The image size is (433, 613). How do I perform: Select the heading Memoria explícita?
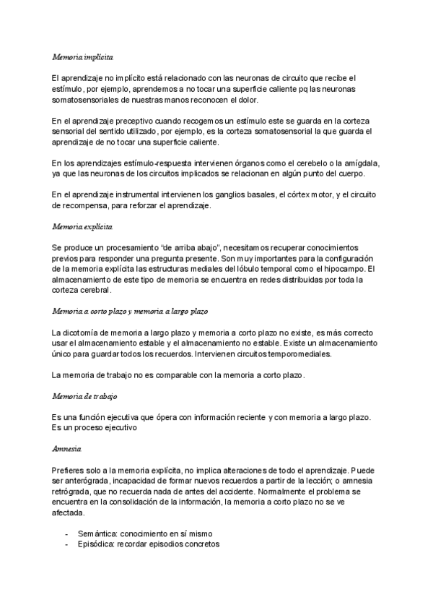pyautogui.click(x=82, y=227)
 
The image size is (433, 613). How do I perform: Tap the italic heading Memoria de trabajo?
pyautogui.click(x=84, y=397)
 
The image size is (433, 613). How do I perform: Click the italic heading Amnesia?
pyautogui.click(x=66, y=449)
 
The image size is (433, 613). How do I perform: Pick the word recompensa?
pyautogui.click(x=87, y=206)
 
